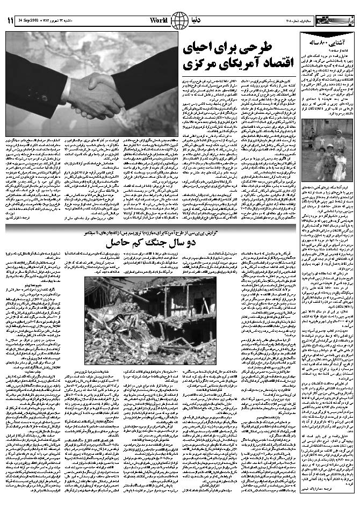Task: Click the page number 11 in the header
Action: [10, 20]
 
